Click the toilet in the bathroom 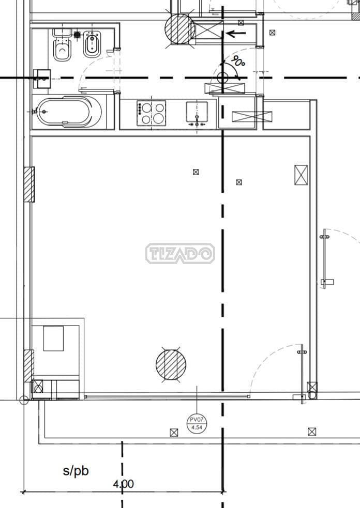tap(62, 45)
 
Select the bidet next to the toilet tap(92, 45)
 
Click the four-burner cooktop tap(151, 112)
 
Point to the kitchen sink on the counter tap(197, 112)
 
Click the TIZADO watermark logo tap(180, 253)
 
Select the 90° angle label tap(238, 61)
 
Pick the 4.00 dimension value tap(123, 484)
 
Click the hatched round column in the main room tap(171, 365)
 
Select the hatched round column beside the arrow tap(179, 28)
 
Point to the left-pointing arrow tap(236, 35)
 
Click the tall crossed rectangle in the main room tap(301, 175)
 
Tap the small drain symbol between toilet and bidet tap(77, 35)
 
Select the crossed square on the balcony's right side tap(311, 432)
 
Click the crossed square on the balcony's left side tap(174, 432)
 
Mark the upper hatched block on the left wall tap(29, 184)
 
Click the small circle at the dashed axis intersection tap(223, 78)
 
